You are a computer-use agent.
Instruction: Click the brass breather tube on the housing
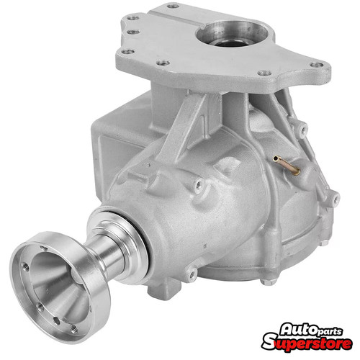(287, 165)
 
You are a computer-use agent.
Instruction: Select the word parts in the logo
(329, 331)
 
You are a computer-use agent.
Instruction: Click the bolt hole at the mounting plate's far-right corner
(317, 65)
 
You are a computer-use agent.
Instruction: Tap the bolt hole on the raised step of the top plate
(173, 6)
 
